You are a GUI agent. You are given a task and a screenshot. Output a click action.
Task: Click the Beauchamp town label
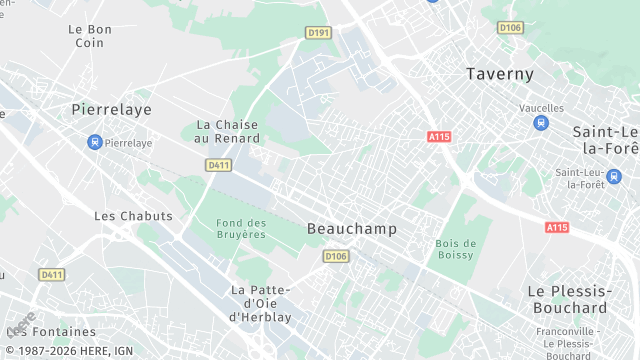click(x=351, y=229)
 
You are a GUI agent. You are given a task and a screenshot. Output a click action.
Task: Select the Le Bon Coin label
click(x=90, y=36)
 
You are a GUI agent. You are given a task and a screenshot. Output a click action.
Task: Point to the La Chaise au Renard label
click(x=226, y=131)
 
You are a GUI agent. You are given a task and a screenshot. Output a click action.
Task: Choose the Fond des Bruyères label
click(x=241, y=228)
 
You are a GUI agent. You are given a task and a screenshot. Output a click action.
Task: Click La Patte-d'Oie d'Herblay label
click(x=260, y=303)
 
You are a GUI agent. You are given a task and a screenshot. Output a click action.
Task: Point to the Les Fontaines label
click(x=51, y=331)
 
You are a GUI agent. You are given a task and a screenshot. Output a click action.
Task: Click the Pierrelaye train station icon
click(x=95, y=143)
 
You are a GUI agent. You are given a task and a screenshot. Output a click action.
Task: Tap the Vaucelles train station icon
click(x=541, y=123)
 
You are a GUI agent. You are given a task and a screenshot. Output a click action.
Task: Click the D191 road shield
click(x=319, y=33)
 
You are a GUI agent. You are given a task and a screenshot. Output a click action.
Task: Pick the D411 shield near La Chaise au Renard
click(x=219, y=164)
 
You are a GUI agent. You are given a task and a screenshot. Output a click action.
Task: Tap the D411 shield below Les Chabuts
click(x=51, y=274)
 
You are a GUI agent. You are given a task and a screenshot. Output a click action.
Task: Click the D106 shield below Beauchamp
click(x=336, y=257)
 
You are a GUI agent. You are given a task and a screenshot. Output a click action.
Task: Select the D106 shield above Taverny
click(x=510, y=27)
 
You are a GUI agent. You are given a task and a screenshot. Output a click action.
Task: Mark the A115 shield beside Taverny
click(x=438, y=137)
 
